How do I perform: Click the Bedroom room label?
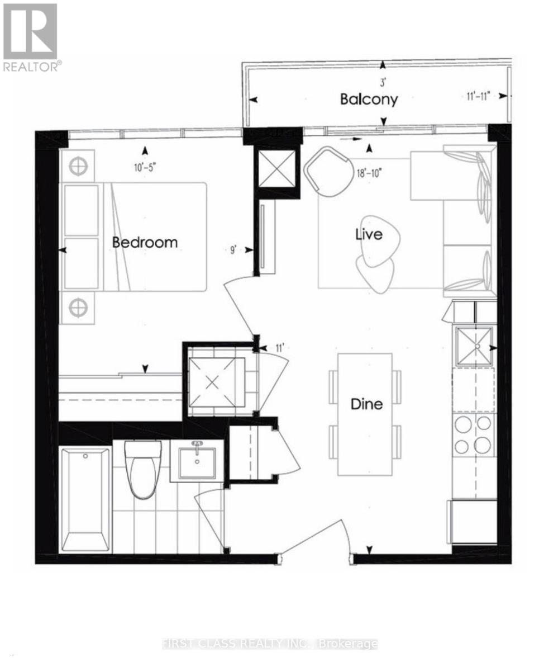pos(145,243)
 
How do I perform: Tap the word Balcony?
pos(369,100)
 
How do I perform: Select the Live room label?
pos(369,234)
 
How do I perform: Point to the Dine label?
pos(366,403)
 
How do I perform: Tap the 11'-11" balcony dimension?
pos(478,96)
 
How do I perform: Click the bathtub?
pos(85,499)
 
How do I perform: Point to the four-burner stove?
pos(473,434)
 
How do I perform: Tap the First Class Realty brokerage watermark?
pos(269,644)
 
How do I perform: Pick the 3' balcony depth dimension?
pos(383,84)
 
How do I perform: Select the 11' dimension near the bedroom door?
pos(280,348)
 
